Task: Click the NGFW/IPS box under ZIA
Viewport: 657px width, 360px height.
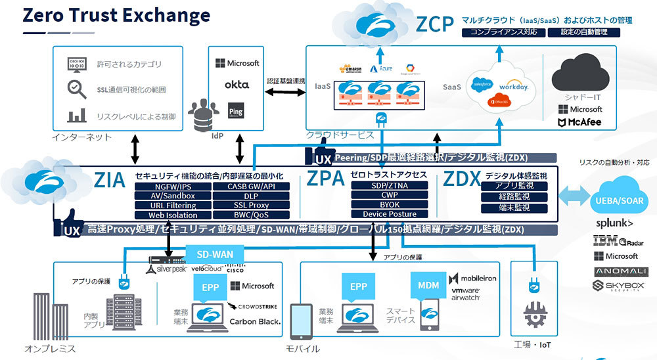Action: click(172, 186)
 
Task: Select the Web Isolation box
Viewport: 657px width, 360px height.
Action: click(172, 215)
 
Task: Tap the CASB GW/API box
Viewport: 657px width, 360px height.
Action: click(250, 186)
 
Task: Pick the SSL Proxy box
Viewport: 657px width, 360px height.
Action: click(250, 205)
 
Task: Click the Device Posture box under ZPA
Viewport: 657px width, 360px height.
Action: click(389, 214)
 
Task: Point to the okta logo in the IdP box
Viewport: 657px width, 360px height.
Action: click(237, 85)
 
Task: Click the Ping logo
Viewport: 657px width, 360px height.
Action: click(235, 110)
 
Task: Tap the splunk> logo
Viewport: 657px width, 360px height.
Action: click(614, 223)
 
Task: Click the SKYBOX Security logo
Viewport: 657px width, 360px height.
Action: click(616, 286)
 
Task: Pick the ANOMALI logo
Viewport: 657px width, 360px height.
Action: click(616, 271)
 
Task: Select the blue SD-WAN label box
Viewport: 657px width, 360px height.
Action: click(215, 254)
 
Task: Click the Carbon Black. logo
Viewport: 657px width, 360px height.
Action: click(255, 321)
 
